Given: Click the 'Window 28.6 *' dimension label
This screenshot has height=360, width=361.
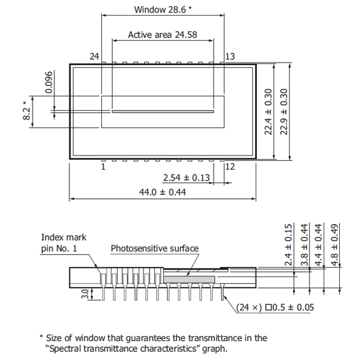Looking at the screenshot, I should pos(162,10).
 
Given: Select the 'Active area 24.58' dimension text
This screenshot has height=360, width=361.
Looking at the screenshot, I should pos(162,35).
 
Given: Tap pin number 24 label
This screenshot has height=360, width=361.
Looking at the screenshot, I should pos(94,56).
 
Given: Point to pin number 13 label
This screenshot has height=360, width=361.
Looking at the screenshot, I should pos(230,56).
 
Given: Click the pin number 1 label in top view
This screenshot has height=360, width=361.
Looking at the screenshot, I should pos(103,166).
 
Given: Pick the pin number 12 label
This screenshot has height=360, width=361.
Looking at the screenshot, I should pos(230,166).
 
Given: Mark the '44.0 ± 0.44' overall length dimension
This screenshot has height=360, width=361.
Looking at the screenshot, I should pos(162,192).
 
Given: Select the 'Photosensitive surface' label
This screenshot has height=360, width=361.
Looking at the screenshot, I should pos(155,249).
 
